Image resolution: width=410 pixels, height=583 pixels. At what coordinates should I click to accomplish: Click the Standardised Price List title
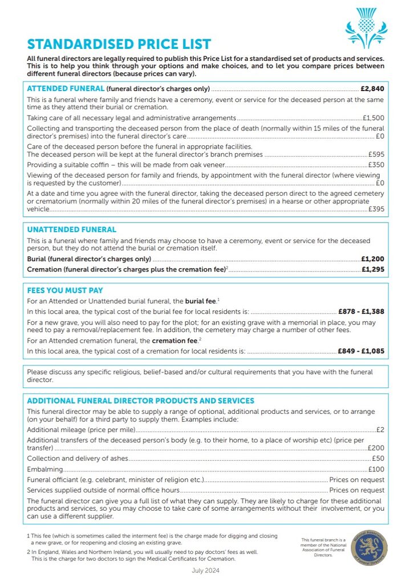click(x=119, y=44)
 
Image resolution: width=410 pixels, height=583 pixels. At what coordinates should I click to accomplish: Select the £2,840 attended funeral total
click(x=372, y=89)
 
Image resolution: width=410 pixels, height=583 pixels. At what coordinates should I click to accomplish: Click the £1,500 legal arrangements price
click(x=374, y=118)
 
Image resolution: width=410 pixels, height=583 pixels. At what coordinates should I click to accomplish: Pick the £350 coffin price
click(x=376, y=165)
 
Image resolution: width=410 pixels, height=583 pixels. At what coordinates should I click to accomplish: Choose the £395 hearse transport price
click(x=376, y=210)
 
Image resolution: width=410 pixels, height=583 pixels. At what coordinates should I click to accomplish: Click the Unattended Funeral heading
click(x=72, y=229)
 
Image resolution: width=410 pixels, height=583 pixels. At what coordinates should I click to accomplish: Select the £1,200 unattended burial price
click(x=372, y=258)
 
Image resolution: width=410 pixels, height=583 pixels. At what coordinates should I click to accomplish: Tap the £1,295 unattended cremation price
click(x=372, y=268)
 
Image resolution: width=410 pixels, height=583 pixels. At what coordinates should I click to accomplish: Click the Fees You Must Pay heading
click(x=65, y=290)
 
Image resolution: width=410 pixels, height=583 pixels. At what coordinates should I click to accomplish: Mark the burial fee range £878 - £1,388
click(x=361, y=311)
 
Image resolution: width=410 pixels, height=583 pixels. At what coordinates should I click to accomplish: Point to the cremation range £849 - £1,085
click(x=361, y=351)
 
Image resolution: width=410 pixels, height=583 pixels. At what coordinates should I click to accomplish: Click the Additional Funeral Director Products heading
click(x=141, y=401)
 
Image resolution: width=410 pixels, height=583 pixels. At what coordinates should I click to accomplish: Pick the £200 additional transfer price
click(x=376, y=448)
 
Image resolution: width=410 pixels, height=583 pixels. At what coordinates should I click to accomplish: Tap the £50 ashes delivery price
click(x=377, y=458)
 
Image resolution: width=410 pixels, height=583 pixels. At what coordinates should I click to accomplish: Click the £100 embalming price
click(x=376, y=469)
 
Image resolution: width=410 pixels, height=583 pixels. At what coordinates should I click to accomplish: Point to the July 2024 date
click(x=205, y=570)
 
